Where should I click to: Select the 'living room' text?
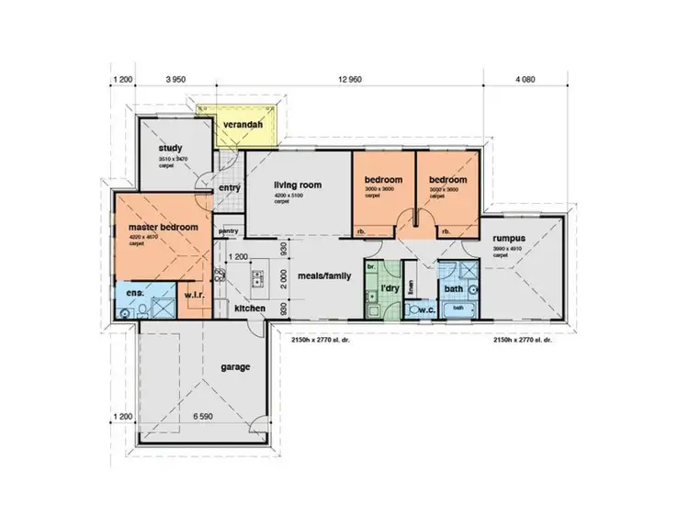pyautogui.click(x=298, y=185)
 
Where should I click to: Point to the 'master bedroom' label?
pyautogui.click(x=152, y=226)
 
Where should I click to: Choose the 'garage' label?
pyautogui.click(x=235, y=367)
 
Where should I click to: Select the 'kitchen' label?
pyautogui.click(x=249, y=308)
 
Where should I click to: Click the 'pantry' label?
pyautogui.click(x=230, y=230)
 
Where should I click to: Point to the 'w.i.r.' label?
pyautogui.click(x=194, y=295)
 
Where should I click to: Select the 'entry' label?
pyautogui.click(x=230, y=188)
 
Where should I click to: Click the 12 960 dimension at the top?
pyautogui.click(x=350, y=80)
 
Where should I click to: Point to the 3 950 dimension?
pyautogui.click(x=175, y=80)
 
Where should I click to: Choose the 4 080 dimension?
pyautogui.click(x=525, y=80)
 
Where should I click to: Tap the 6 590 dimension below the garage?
pyautogui.click(x=203, y=417)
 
